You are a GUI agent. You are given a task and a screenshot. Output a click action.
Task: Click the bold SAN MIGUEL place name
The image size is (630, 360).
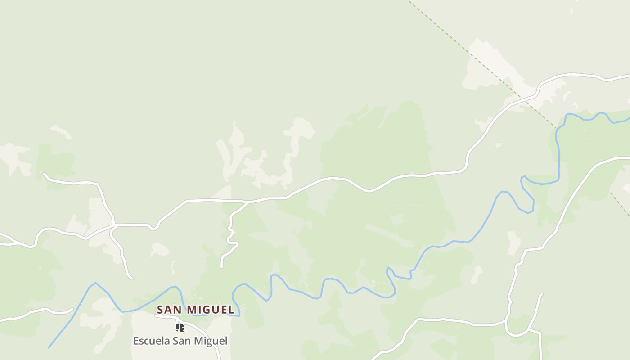(x=196, y=310)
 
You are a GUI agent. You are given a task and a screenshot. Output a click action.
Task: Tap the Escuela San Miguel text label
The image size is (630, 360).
(x=180, y=341)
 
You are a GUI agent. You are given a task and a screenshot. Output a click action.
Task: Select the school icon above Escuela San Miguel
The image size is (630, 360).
(x=180, y=327)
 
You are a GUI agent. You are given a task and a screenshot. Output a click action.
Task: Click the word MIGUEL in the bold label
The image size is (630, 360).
(x=211, y=310)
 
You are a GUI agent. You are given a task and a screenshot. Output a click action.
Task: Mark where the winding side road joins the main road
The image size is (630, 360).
(x=248, y=202)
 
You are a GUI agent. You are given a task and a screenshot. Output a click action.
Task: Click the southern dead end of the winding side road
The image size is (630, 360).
(x=221, y=267)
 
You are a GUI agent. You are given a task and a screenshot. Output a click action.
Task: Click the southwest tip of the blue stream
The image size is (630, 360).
(x=49, y=347)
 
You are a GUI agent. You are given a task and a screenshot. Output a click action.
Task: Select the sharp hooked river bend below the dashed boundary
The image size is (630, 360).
(x=523, y=178)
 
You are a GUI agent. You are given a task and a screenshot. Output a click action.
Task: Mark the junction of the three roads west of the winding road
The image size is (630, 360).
(x=114, y=225)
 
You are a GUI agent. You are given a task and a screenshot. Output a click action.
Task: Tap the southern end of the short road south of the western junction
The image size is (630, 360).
(x=131, y=278)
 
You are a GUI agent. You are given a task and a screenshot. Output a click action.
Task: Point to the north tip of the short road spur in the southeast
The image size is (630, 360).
(x=541, y=295)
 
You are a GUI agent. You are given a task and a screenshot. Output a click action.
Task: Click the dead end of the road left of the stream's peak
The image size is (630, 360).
(x=72, y=309)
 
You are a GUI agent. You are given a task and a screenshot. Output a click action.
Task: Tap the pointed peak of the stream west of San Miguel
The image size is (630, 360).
(x=95, y=283)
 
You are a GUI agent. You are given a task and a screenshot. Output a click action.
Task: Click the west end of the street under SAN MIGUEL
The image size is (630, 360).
(x=156, y=315)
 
